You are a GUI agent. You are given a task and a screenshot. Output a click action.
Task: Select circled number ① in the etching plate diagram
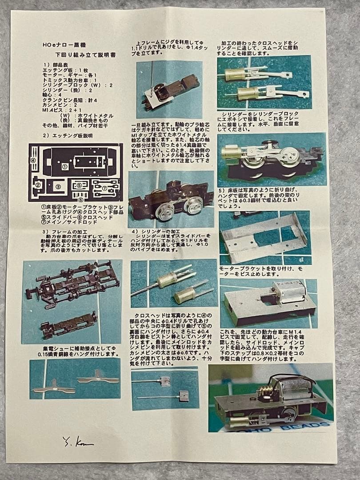(65, 167)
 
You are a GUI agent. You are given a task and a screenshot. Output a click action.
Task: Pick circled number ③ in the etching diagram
(58, 187)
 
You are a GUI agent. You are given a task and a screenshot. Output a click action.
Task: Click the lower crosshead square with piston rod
(183, 396)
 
